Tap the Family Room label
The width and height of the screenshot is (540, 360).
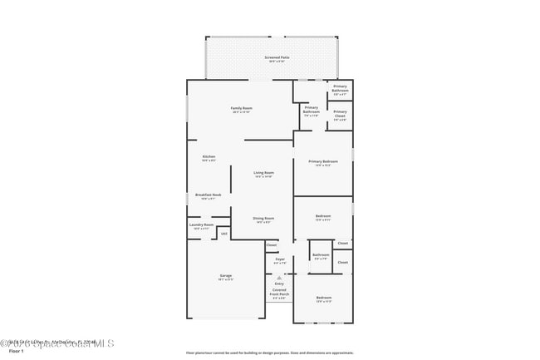click(x=242, y=108)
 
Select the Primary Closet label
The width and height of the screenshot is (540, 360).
click(x=341, y=112)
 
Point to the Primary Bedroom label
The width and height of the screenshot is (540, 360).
click(x=323, y=161)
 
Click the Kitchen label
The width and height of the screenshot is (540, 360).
click(x=209, y=156)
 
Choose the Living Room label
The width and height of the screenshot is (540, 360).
click(x=263, y=173)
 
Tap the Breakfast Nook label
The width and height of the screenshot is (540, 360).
click(x=208, y=195)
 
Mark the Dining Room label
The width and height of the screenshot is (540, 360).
click(x=263, y=218)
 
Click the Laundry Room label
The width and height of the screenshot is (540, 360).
click(x=203, y=224)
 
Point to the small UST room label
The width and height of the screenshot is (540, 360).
click(x=223, y=234)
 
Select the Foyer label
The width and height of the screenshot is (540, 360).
click(x=280, y=259)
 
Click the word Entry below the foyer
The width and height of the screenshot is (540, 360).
click(x=279, y=284)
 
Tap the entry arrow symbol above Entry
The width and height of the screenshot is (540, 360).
click(x=279, y=277)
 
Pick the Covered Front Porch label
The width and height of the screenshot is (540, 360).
click(x=279, y=292)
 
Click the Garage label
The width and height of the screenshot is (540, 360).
click(x=225, y=275)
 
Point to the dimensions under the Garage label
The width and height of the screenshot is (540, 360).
click(x=225, y=279)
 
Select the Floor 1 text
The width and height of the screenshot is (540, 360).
click(x=17, y=351)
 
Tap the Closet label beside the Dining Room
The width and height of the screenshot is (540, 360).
click(x=272, y=244)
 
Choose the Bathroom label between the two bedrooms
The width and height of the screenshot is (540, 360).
click(x=321, y=254)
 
